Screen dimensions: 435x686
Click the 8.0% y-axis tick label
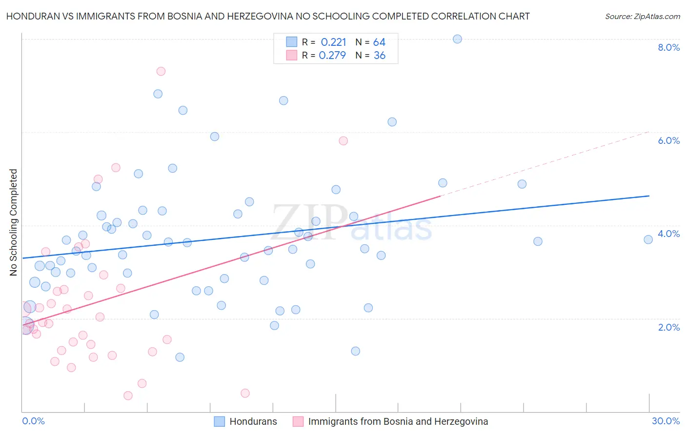[x=668, y=47]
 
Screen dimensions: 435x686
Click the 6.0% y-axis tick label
[x=668, y=140]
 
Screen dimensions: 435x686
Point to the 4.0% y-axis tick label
[x=668, y=234]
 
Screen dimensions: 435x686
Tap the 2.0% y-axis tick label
[x=668, y=327]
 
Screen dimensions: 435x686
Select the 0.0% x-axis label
[x=33, y=421]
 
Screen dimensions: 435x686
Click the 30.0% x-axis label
[x=666, y=421]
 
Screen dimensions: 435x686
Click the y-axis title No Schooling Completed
[x=14, y=222]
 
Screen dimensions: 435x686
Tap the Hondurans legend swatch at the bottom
[x=220, y=421]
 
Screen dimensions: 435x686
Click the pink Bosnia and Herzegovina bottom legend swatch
[x=298, y=421]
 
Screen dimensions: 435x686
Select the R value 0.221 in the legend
[x=333, y=42]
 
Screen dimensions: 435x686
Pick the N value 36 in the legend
[x=379, y=56]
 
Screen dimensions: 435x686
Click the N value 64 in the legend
[x=379, y=42]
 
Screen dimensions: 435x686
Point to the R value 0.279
[x=332, y=56]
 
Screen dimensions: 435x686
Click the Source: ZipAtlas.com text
[x=642, y=17]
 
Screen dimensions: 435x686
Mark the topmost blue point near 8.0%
[x=457, y=39]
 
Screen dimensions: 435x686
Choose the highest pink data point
[x=161, y=71]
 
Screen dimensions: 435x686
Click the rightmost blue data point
[x=648, y=239]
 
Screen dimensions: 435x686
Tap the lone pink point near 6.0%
[x=343, y=141]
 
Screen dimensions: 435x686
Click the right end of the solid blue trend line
[x=649, y=196]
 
